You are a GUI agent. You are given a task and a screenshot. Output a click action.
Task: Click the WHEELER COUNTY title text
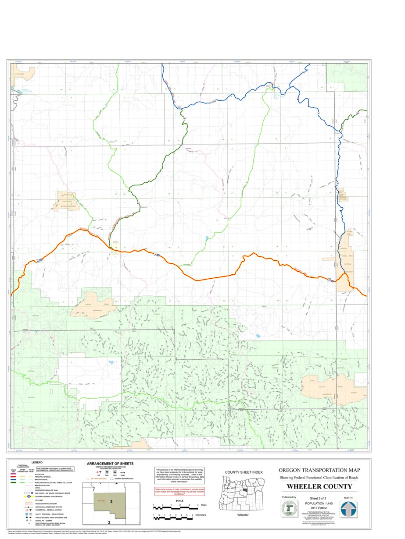(x=319, y=486)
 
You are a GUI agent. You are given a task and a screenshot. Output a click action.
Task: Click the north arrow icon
(x=348, y=509)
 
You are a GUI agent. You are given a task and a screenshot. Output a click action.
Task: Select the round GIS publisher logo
(x=289, y=509)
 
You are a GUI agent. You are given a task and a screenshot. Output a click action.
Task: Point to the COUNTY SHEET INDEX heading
(x=244, y=472)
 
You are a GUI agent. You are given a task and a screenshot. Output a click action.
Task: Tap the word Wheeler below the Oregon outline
(x=243, y=514)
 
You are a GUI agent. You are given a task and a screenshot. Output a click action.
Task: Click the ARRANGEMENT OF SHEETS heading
(x=110, y=463)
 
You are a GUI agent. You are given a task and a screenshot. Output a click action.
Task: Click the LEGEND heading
(x=37, y=462)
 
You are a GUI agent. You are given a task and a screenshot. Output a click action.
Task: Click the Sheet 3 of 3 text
(x=319, y=498)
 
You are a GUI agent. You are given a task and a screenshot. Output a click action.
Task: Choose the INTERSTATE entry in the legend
(x=39, y=474)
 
